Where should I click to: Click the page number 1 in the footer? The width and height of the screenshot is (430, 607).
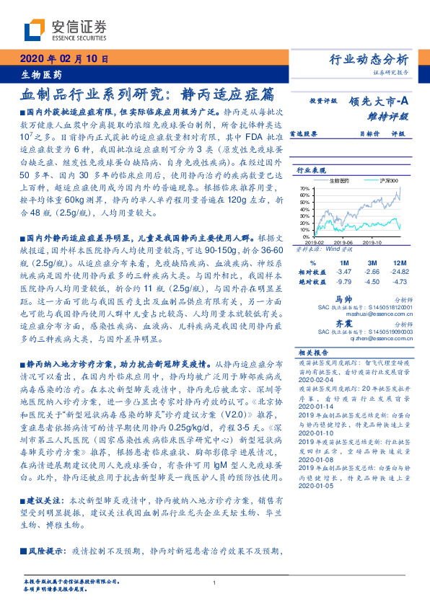(215, 583)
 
